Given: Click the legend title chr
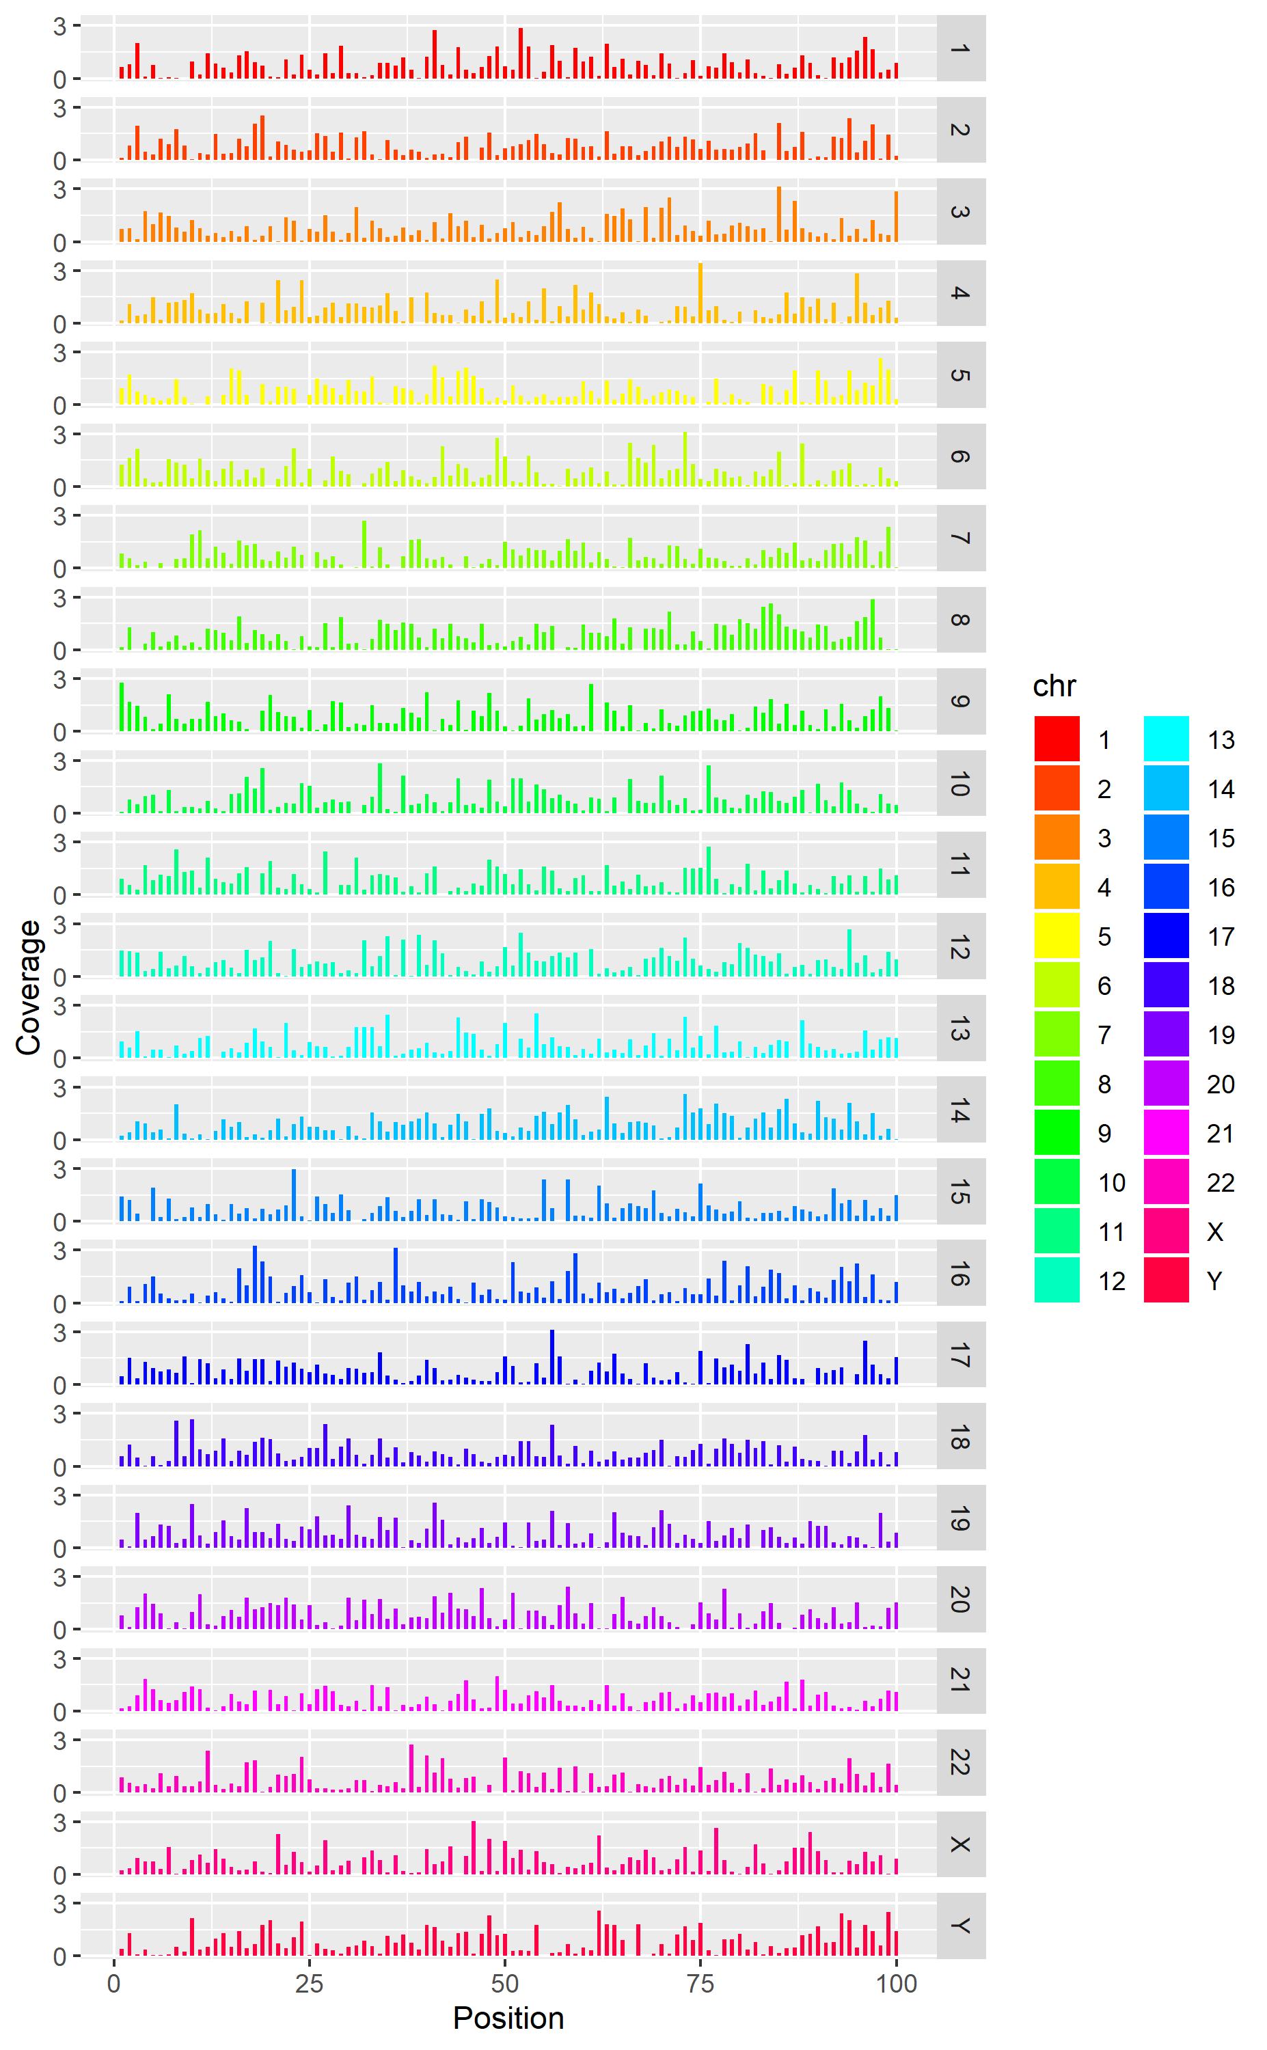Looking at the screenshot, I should coord(1054,686).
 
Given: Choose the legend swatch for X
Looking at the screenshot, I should coord(1166,1231).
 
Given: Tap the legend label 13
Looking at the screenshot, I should coord(1221,740).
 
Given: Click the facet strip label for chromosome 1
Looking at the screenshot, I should coord(960,48).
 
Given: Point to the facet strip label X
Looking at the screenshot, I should coord(960,1844).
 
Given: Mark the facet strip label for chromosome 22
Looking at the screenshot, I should coord(960,1762).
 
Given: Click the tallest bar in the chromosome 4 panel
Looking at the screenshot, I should coord(700,293).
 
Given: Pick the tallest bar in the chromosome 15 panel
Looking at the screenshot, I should coord(294,1194).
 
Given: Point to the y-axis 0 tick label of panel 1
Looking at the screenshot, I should coord(59,79).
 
